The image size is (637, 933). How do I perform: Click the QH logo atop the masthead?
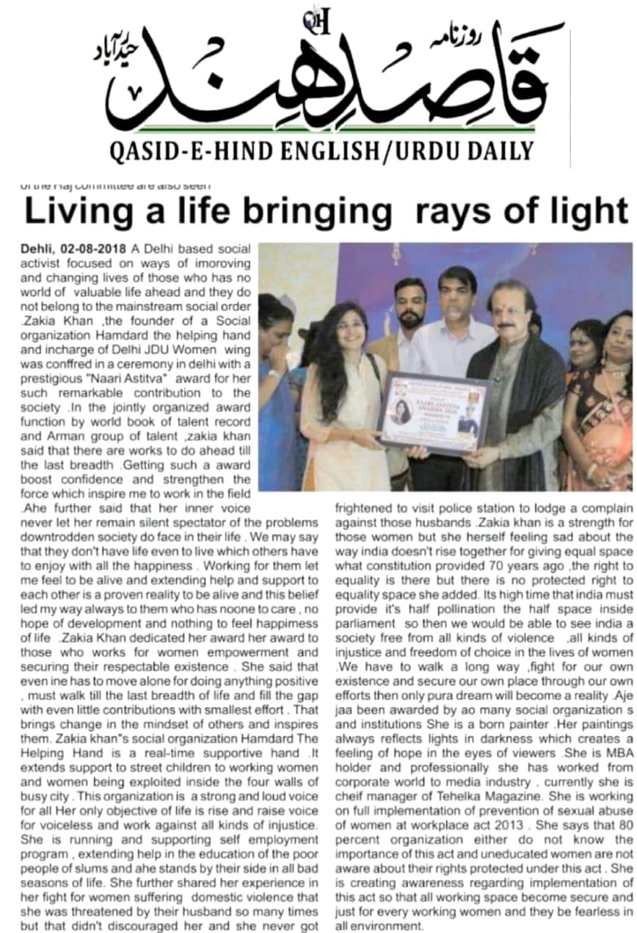318,23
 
